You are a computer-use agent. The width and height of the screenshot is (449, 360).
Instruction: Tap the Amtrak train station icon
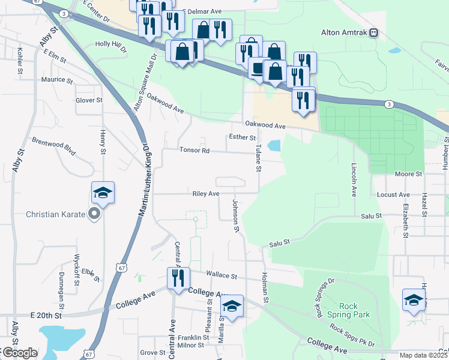tap(374, 32)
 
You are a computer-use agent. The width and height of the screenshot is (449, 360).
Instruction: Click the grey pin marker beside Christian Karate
tap(93, 214)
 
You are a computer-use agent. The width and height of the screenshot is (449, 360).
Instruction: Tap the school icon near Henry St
tap(103, 193)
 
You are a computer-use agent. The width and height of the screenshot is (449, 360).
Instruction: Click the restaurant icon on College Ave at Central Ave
tap(178, 278)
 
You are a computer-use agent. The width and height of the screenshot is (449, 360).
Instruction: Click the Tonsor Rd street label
tap(194, 151)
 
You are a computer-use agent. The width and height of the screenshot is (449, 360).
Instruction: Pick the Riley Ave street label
tap(206, 194)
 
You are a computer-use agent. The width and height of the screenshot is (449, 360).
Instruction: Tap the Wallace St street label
tap(222, 275)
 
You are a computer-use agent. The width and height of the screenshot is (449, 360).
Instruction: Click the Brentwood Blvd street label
tap(54, 145)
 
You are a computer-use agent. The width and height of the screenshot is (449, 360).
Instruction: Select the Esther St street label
tap(243, 137)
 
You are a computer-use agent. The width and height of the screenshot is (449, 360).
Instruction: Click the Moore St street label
tap(409, 174)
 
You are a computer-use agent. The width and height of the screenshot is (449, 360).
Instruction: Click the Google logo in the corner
tap(20, 353)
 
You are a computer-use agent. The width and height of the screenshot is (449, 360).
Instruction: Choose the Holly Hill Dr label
tap(111, 44)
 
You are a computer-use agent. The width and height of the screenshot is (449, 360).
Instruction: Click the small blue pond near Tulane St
tap(274, 145)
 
